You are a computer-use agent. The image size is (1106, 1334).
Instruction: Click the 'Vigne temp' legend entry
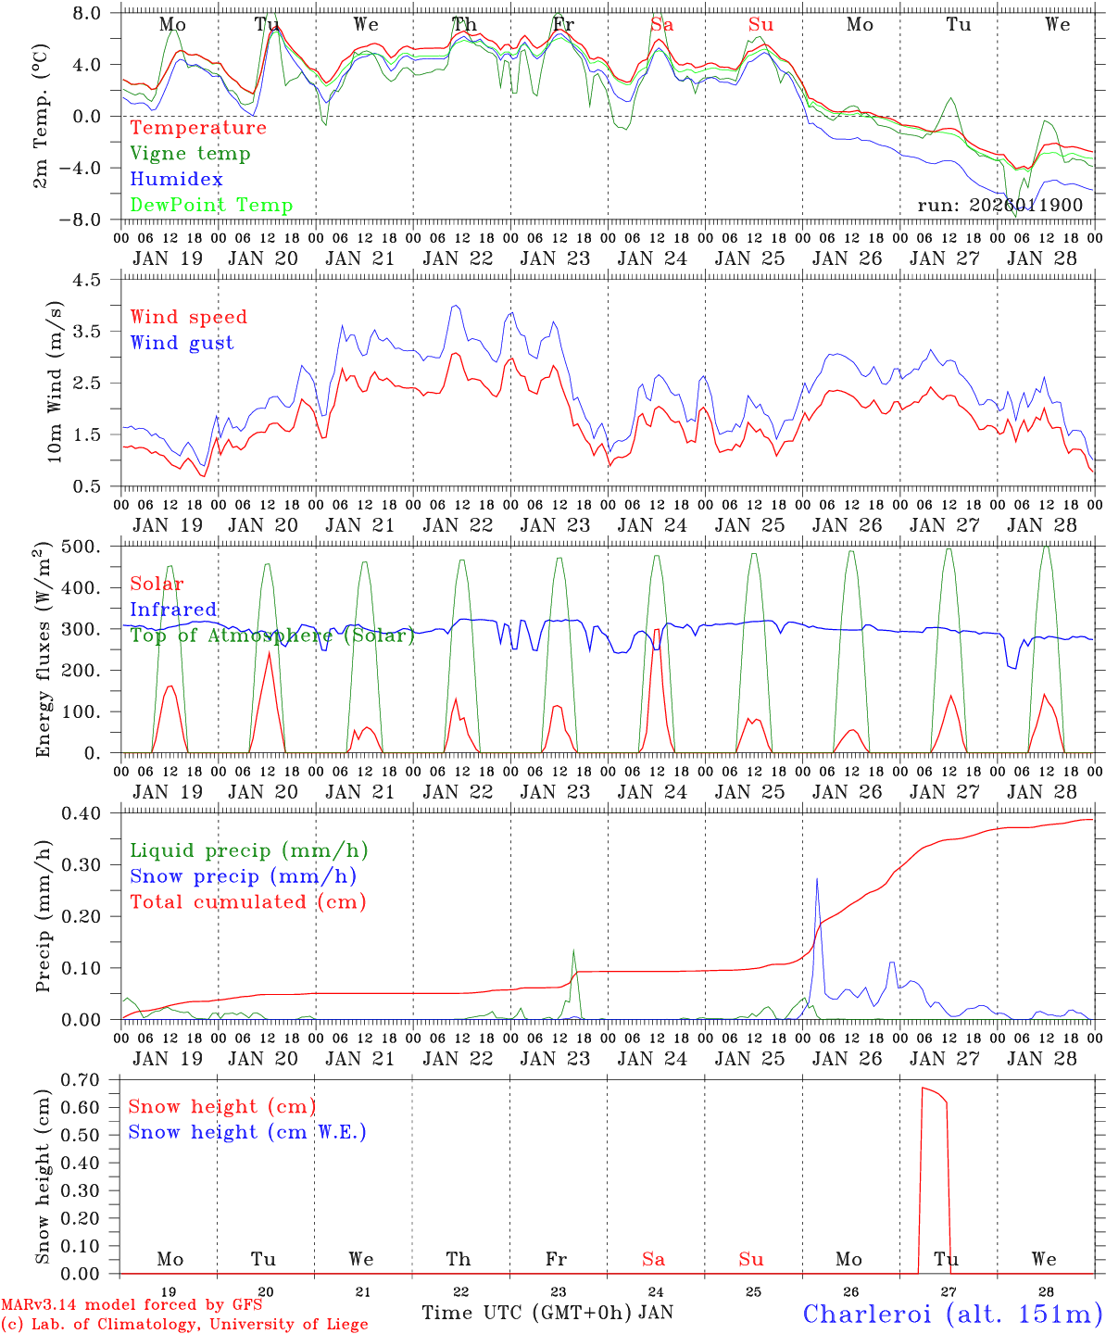[x=190, y=154]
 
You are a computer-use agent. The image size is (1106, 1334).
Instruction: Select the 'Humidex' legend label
[x=176, y=180]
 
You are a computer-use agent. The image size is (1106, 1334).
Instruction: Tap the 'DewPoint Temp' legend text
[x=211, y=206]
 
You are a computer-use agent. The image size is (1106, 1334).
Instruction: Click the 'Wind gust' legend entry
[x=182, y=343]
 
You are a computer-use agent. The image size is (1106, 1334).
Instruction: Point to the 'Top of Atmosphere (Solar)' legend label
[x=271, y=636]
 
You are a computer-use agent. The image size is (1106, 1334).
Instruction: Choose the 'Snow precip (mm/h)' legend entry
[x=243, y=876]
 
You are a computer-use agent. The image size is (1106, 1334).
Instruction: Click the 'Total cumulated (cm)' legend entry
[x=247, y=901]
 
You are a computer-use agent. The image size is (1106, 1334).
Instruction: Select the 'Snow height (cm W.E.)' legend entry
[x=247, y=1132]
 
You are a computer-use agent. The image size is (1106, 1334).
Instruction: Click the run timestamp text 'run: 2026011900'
[x=999, y=205]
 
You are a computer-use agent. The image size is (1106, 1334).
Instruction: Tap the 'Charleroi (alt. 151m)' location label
[x=953, y=1313]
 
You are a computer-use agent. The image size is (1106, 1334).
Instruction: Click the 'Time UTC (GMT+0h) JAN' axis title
[x=547, y=1313]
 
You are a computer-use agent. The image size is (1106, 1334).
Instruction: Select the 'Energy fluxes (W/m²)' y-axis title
[x=43, y=651]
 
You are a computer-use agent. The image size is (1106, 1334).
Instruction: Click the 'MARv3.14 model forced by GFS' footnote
[x=131, y=1305]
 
